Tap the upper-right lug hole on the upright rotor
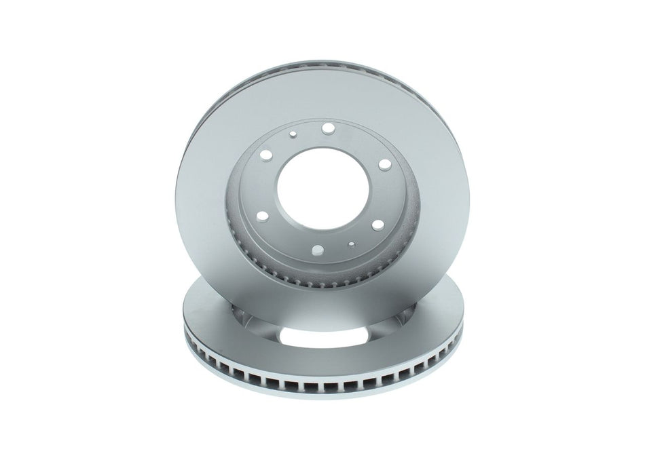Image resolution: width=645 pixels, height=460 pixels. point(385,163)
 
